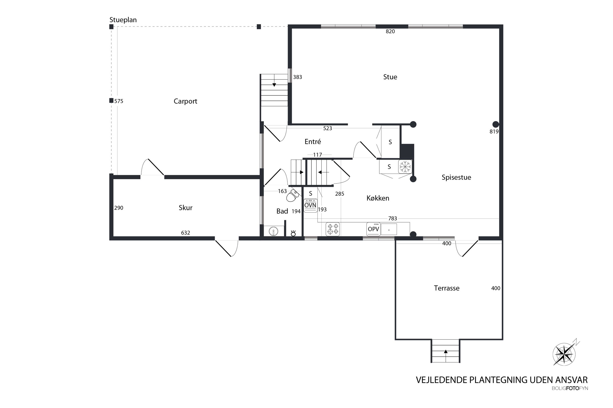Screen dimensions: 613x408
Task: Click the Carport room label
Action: [185, 101]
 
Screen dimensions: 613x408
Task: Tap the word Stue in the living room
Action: [390, 77]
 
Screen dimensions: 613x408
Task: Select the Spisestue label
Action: [456, 178]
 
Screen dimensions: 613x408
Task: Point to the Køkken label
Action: [378, 198]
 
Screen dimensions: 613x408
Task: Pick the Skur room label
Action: [186, 208]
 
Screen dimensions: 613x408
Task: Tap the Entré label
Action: [313, 141]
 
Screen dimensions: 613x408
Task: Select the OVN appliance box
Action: [311, 206]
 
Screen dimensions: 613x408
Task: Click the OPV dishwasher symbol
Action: [373, 229]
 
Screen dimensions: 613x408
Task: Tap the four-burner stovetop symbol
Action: [333, 229]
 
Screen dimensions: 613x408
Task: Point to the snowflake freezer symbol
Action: [405, 166]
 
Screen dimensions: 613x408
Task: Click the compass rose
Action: [564, 354]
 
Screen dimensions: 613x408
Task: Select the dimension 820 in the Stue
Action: [390, 32]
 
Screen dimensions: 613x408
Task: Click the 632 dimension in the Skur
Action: [186, 233]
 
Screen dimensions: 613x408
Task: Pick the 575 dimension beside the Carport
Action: [119, 101]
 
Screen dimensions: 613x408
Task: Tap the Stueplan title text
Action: [123, 20]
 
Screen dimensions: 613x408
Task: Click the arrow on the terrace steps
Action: [446, 351]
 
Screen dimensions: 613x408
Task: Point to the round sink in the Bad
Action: [273, 231]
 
